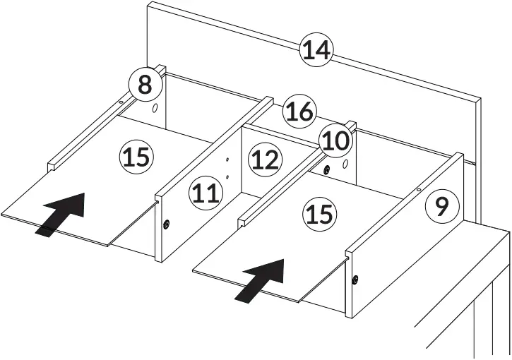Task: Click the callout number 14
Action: (316, 51)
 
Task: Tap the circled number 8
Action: (144, 85)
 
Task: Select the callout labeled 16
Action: (299, 112)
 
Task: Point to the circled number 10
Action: (335, 141)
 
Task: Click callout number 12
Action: (265, 161)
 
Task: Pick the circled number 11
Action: (206, 193)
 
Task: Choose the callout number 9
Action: (441, 207)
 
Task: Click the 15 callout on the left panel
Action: (136, 156)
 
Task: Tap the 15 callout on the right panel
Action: (320, 213)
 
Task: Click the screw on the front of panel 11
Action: (166, 224)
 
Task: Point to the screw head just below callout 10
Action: (328, 169)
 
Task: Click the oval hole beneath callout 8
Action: (155, 109)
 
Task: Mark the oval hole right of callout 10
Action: (346, 164)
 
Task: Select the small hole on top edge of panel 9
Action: (419, 188)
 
